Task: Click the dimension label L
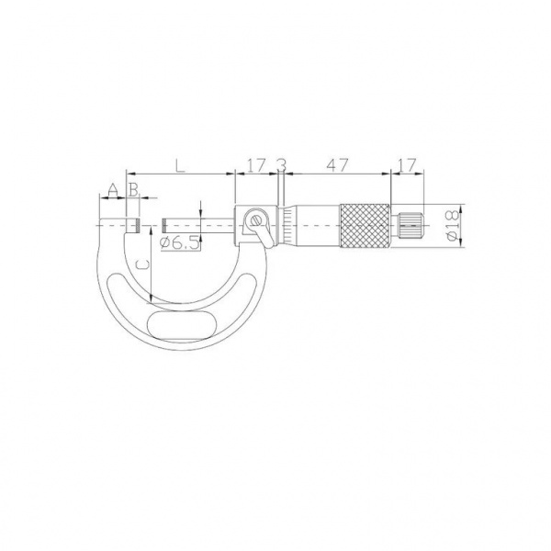pyautogui.click(x=180, y=165)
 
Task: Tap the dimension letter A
pyautogui.click(x=112, y=190)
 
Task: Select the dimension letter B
pyautogui.click(x=133, y=190)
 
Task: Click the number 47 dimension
pyautogui.click(x=337, y=165)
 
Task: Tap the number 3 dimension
pyautogui.click(x=281, y=165)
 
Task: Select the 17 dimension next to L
pyautogui.click(x=255, y=165)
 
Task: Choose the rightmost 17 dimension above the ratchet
pyautogui.click(x=407, y=165)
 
